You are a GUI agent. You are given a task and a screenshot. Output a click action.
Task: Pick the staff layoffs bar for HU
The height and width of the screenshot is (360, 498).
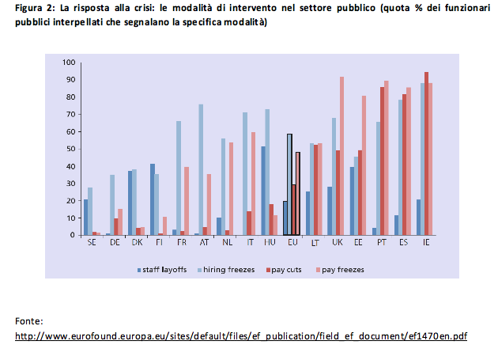pos(262,191)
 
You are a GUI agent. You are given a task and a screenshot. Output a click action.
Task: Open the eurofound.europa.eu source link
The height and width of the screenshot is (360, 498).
pos(241,335)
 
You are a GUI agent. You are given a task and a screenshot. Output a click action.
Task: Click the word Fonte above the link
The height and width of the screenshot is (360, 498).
pos(29,320)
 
